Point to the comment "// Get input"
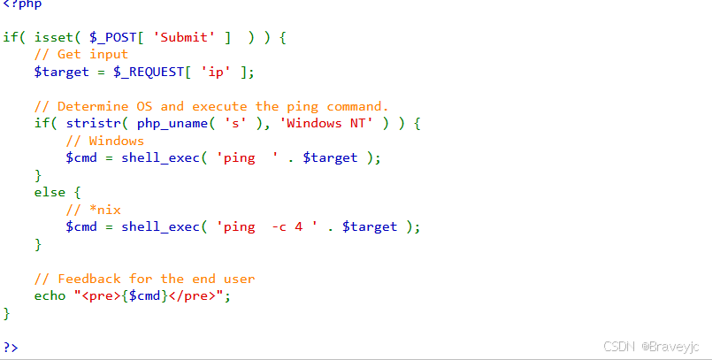pos(80,55)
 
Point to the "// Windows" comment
pos(104,141)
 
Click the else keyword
pos(50,192)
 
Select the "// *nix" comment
pos(93,210)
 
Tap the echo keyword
pos(50,295)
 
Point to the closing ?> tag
pos(10,347)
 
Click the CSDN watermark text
pos(619,347)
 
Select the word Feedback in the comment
pos(88,279)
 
